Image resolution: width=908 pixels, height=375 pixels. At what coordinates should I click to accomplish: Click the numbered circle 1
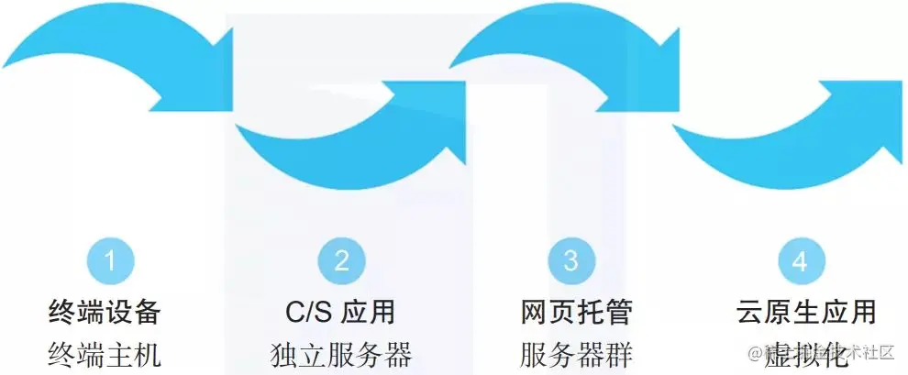pyautogui.click(x=110, y=261)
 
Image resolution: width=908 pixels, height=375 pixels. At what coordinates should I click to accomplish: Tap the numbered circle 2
pyautogui.click(x=341, y=261)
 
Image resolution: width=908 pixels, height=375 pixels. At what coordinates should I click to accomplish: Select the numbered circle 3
pyautogui.click(x=571, y=261)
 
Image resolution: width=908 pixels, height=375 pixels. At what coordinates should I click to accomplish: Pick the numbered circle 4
pyautogui.click(x=800, y=261)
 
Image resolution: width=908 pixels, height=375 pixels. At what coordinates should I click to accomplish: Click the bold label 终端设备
pyautogui.click(x=105, y=312)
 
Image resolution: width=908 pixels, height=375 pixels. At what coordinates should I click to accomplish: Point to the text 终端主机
pyautogui.click(x=105, y=353)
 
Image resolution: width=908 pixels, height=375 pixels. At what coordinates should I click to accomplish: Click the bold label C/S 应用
pyautogui.click(x=340, y=312)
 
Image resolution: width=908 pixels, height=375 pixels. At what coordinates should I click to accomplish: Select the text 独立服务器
pyautogui.click(x=342, y=353)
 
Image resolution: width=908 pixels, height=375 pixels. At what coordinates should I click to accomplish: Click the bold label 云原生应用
pyautogui.click(x=805, y=312)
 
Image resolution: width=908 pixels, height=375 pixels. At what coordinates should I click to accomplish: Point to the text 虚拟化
pyautogui.click(x=791, y=353)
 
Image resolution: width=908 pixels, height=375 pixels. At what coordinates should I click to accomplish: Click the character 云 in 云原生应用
pyautogui.click(x=750, y=312)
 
